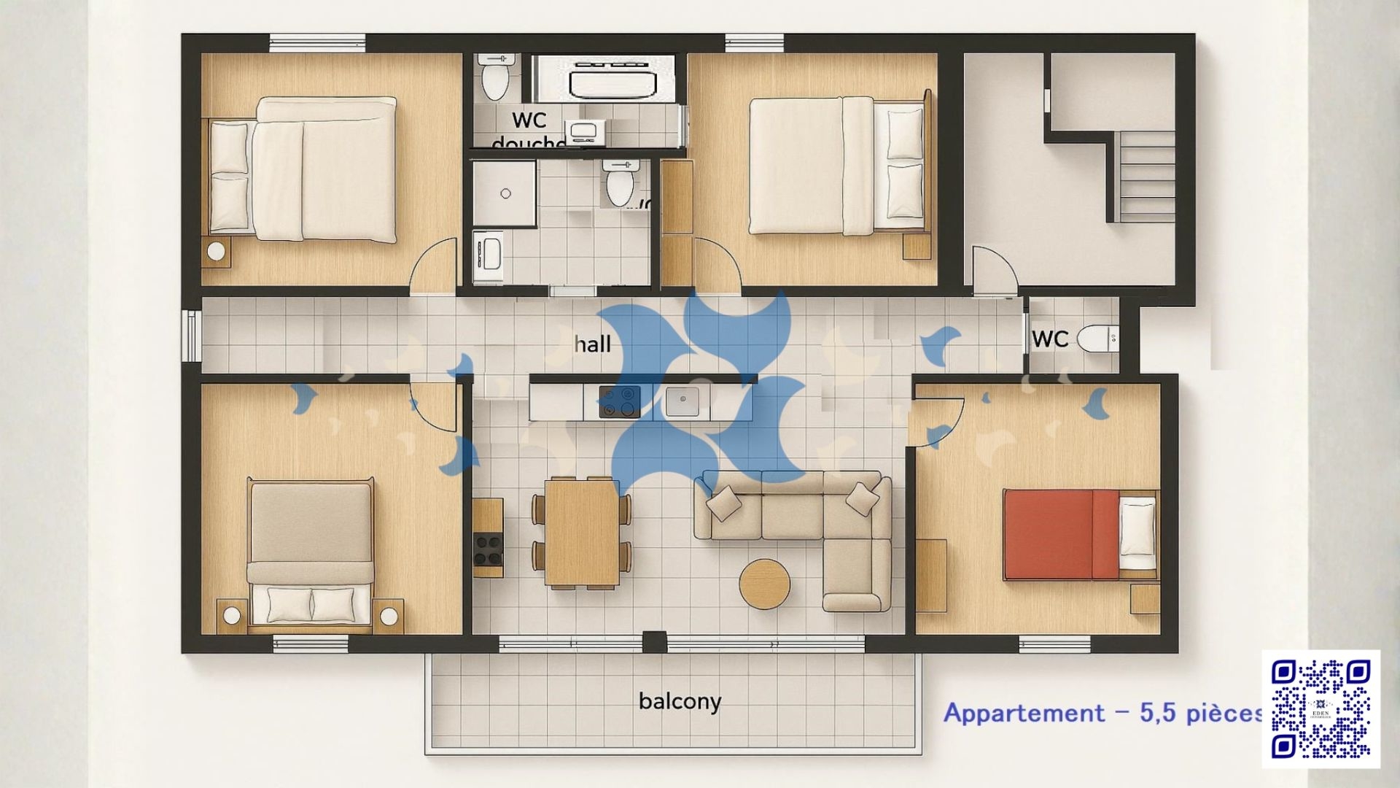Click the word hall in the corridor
592,344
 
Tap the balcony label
680,701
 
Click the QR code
1321,708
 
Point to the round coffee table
764,584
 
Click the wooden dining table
582,533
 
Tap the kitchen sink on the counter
682,401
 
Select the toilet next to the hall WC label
1097,339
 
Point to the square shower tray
505,193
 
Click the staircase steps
1146,177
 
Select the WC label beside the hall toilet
1050,339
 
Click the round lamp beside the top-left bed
216,251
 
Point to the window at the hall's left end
191,336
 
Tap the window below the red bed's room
1054,644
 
